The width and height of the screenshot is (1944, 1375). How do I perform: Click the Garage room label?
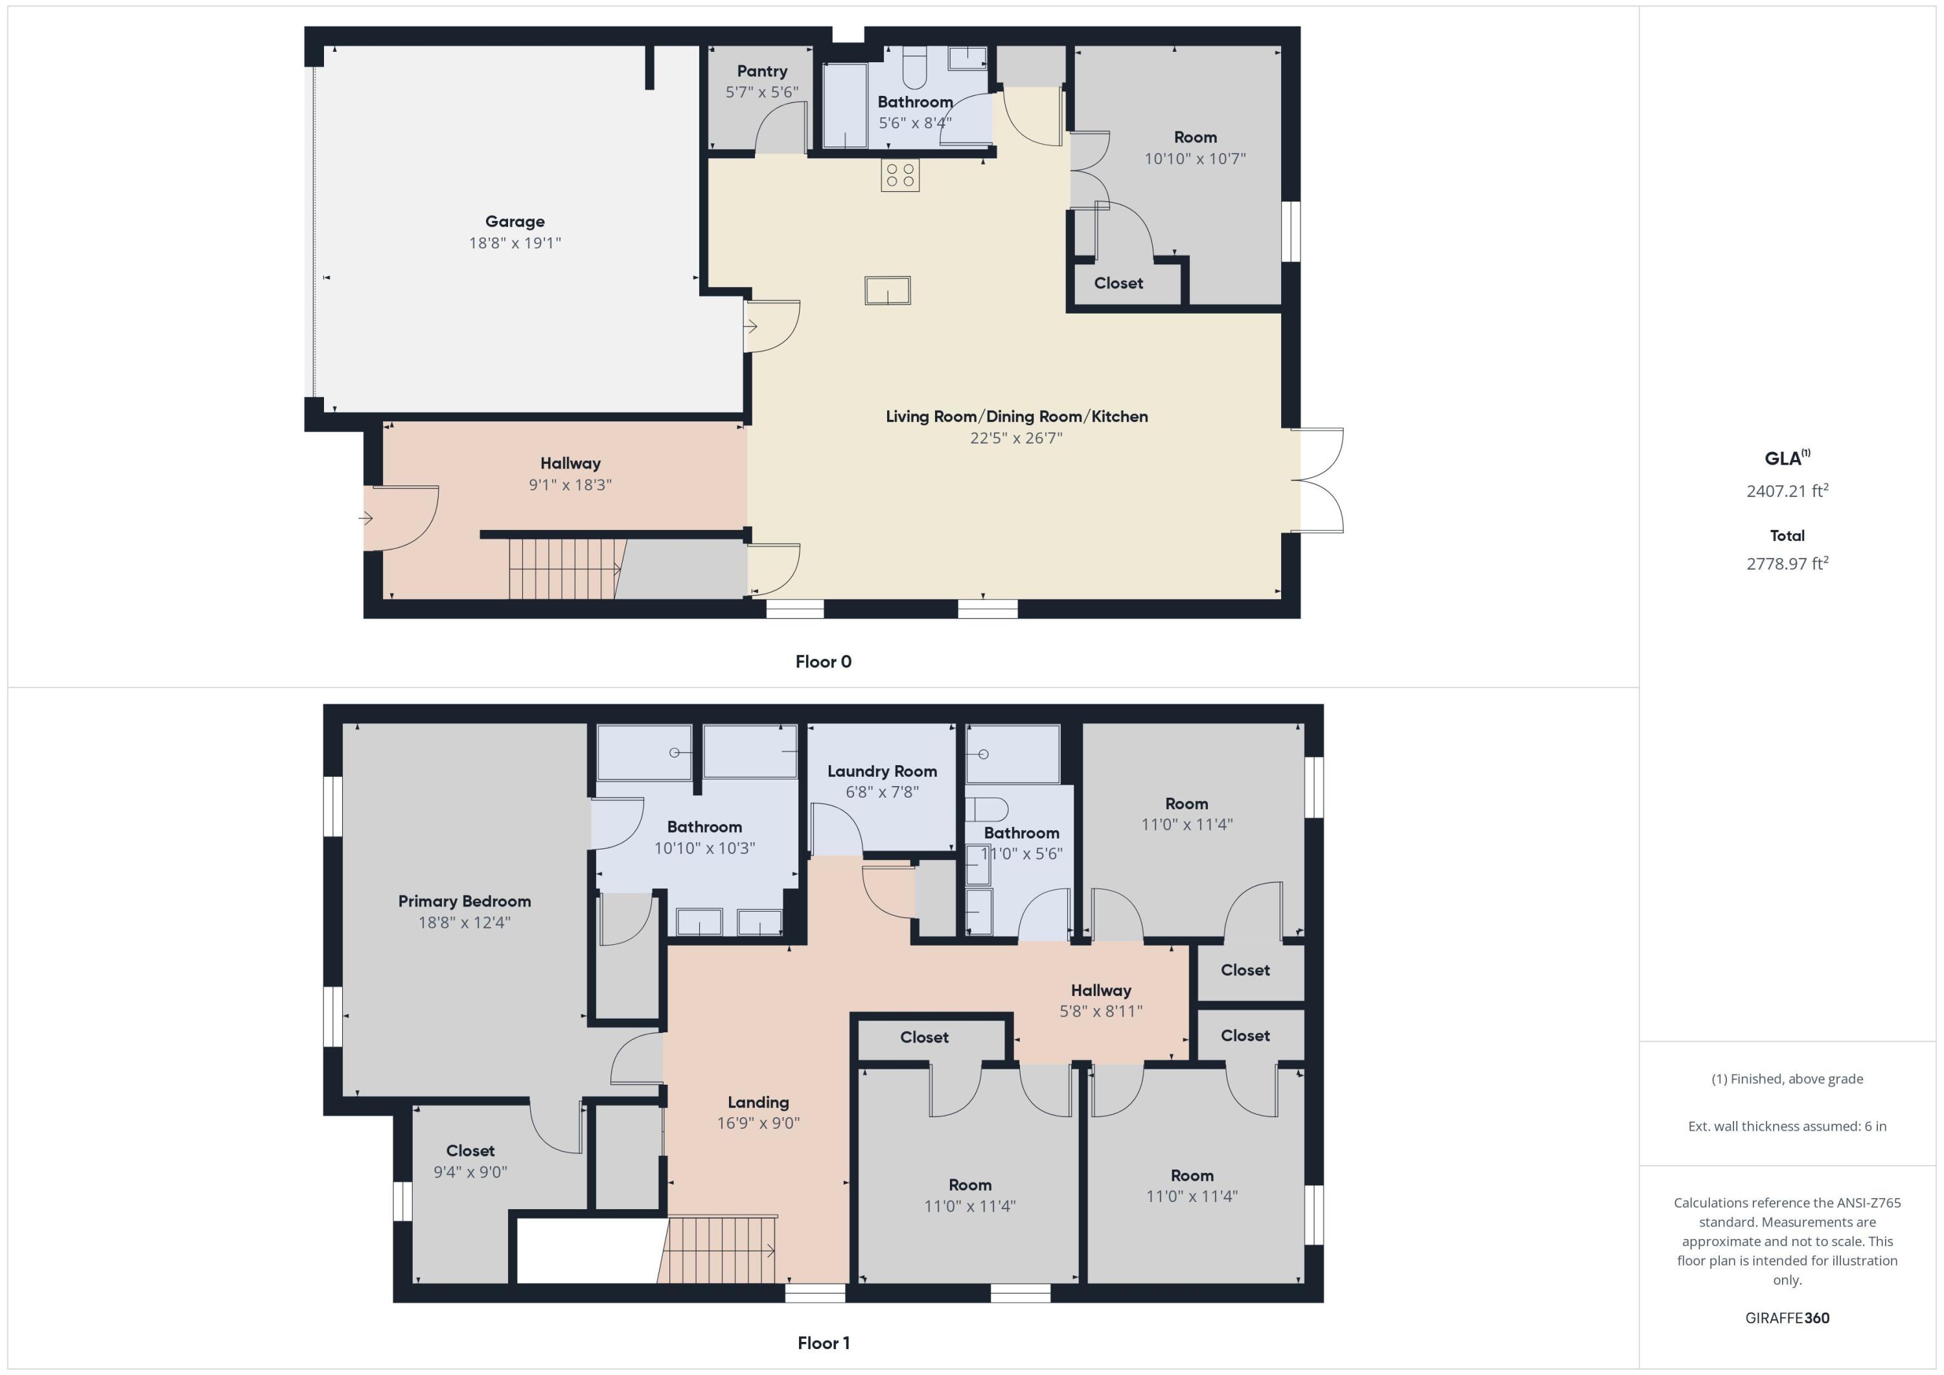pos(515,222)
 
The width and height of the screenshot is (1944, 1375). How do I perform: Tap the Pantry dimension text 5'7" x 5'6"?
pos(761,92)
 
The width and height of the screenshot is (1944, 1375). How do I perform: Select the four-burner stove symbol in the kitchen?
pos(899,175)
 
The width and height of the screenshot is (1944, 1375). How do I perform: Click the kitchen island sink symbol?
pos(887,290)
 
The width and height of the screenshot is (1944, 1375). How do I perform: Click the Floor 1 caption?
pos(823,1343)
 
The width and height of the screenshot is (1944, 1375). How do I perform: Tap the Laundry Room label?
pos(881,771)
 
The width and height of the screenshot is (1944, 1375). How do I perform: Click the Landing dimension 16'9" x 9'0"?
pos(758,1123)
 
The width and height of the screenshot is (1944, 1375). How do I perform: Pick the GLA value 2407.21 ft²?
pos(1787,491)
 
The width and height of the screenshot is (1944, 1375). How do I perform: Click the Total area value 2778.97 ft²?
pos(1787,564)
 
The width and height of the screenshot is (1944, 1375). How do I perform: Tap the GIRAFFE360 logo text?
pos(1787,1317)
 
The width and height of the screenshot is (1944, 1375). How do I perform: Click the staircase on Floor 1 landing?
pos(718,1250)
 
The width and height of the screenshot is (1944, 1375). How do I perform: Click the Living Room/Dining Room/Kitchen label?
pos(1016,417)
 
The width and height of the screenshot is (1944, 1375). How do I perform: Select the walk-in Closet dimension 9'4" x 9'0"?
pos(470,1172)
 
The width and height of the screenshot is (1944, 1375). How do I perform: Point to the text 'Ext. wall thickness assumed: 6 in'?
pos(1787,1126)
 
